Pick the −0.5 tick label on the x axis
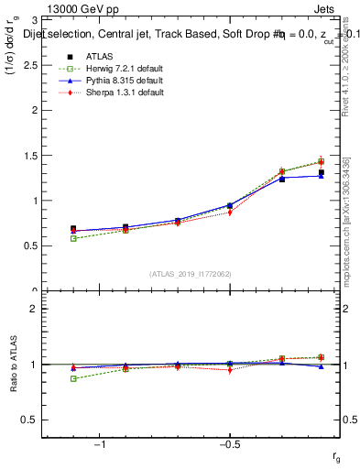click(x=229, y=445)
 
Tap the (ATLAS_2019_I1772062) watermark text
click(x=191, y=274)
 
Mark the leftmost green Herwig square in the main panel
click(x=73, y=238)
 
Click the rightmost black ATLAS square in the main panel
click(x=321, y=172)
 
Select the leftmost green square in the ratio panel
click(x=73, y=378)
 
